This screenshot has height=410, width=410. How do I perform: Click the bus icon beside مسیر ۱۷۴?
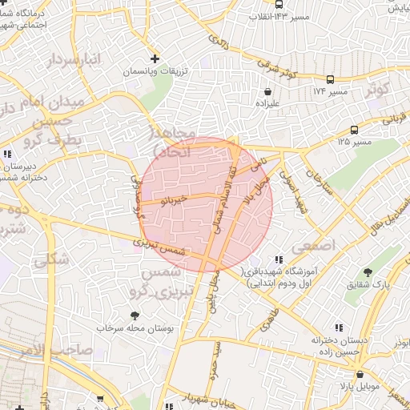(330, 78)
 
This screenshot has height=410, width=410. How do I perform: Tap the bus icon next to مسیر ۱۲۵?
(354, 130)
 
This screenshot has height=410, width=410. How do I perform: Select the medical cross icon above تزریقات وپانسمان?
(155, 58)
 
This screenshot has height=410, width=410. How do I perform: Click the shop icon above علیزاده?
(266, 90)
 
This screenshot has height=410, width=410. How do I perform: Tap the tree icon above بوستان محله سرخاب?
(134, 316)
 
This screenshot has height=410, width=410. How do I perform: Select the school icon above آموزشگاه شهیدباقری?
(279, 259)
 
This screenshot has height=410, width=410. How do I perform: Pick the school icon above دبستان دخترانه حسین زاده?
(340, 328)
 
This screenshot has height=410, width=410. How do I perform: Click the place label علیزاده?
(267, 103)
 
